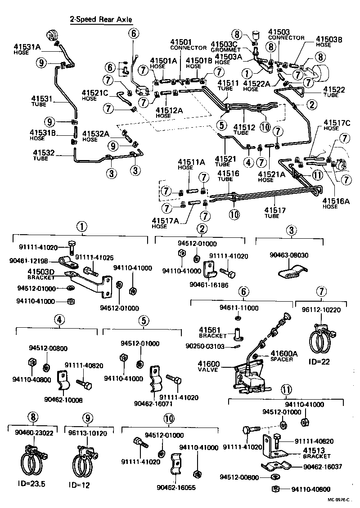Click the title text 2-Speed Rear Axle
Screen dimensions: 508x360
point(101,20)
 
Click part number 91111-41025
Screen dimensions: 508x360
point(94,257)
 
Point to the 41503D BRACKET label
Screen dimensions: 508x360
point(41,274)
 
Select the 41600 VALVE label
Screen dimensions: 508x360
point(208,366)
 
